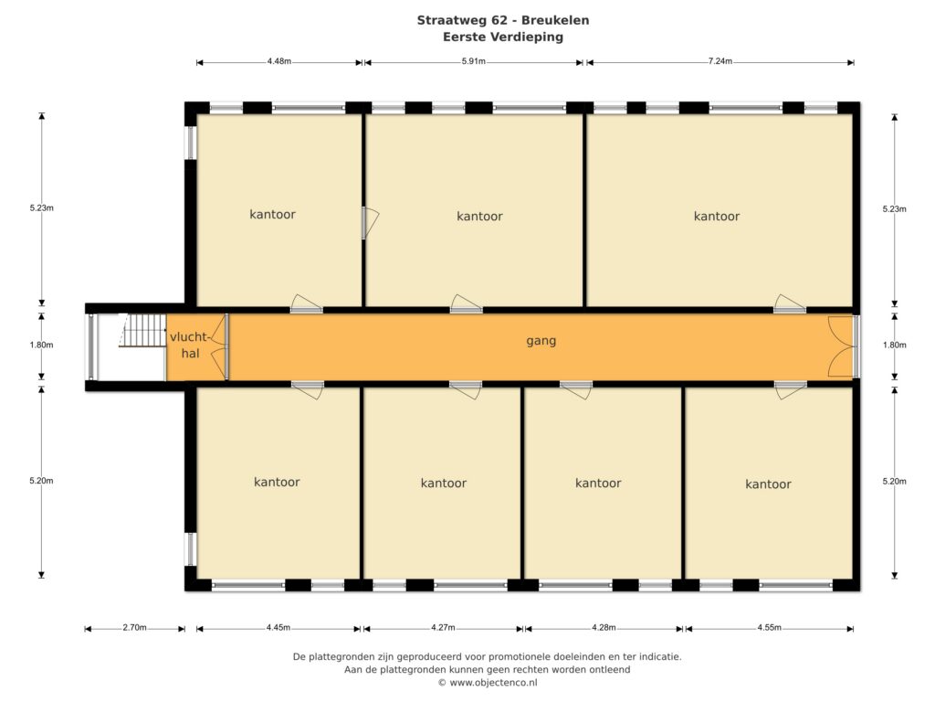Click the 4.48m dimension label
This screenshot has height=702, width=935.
click(x=279, y=61)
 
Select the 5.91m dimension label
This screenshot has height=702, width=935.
click(x=474, y=61)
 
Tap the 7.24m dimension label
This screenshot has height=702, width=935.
click(x=720, y=61)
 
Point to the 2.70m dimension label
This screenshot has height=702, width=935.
click(x=134, y=627)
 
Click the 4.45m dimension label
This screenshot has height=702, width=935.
click(x=278, y=627)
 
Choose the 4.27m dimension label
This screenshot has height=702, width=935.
click(x=443, y=627)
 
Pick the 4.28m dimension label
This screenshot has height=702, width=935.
click(x=604, y=627)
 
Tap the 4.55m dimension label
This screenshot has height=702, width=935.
click(x=769, y=627)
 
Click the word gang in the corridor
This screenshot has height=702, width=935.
click(x=541, y=341)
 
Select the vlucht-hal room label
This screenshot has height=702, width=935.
click(x=190, y=345)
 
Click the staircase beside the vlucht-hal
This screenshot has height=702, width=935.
click(x=143, y=330)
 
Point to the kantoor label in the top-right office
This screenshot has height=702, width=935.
click(x=717, y=216)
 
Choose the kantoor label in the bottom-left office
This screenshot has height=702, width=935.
click(x=277, y=482)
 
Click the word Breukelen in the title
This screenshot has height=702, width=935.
click(x=555, y=20)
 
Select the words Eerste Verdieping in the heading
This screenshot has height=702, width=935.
click(x=503, y=37)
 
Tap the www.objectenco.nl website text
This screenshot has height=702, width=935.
click(x=493, y=682)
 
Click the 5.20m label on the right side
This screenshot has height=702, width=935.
click(x=895, y=481)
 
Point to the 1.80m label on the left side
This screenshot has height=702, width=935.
click(x=41, y=345)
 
